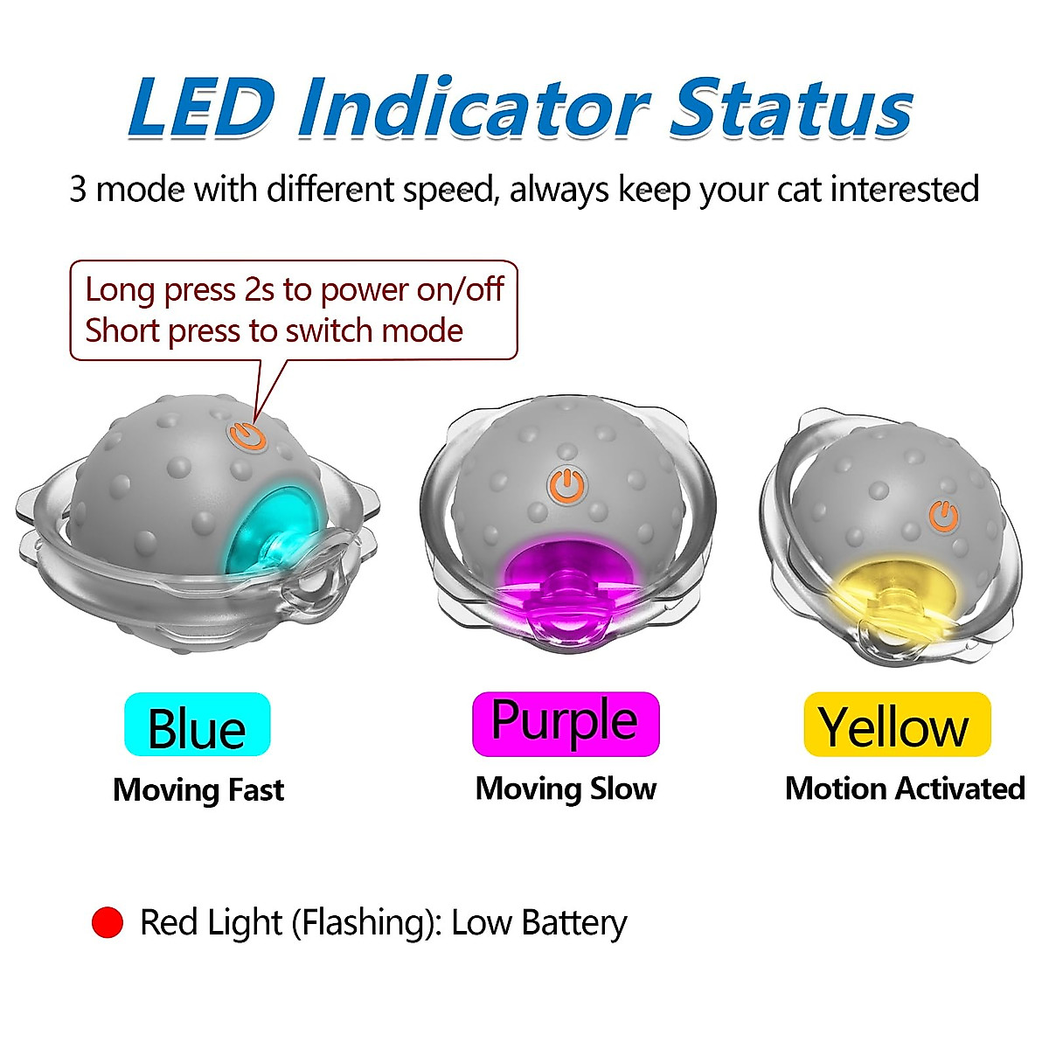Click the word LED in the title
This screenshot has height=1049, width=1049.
(x=200, y=108)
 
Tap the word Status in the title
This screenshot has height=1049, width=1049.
(x=790, y=108)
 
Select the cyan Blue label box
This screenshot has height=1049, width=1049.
(x=198, y=725)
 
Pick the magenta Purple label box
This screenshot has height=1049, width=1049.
(x=565, y=724)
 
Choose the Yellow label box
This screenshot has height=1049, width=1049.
(x=897, y=725)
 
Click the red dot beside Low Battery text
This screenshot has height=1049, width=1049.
(x=108, y=923)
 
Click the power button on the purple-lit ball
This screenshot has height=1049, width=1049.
(x=566, y=485)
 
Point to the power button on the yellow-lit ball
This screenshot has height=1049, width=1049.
(x=943, y=516)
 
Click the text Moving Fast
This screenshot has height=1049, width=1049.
(x=198, y=790)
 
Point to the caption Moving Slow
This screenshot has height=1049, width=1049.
(x=566, y=788)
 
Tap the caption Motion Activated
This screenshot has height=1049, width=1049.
(x=905, y=788)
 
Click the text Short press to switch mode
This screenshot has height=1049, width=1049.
(x=274, y=331)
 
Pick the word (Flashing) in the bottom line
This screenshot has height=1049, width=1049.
(x=366, y=923)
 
